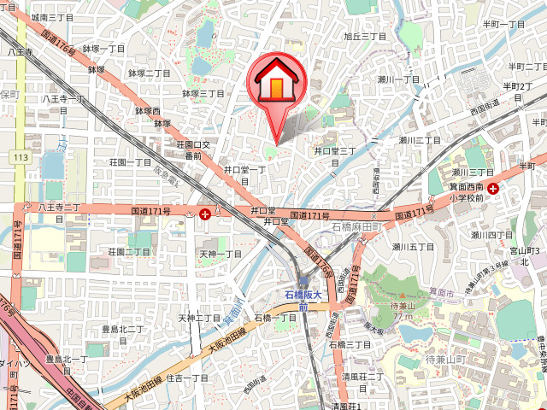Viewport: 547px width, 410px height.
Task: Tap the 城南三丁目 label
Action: pos(51,17)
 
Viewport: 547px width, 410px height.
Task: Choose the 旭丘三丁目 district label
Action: pos(365,37)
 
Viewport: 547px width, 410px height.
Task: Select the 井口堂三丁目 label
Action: pos(334,152)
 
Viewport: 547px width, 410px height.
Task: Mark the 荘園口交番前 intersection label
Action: pos(200,150)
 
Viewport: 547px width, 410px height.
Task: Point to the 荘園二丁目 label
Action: pos(129,252)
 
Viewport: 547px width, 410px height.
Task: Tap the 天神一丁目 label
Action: pos(221,254)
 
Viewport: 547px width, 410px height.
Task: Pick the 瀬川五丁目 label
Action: pos(414,247)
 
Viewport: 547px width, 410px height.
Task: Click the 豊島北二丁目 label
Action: pos(122,329)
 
